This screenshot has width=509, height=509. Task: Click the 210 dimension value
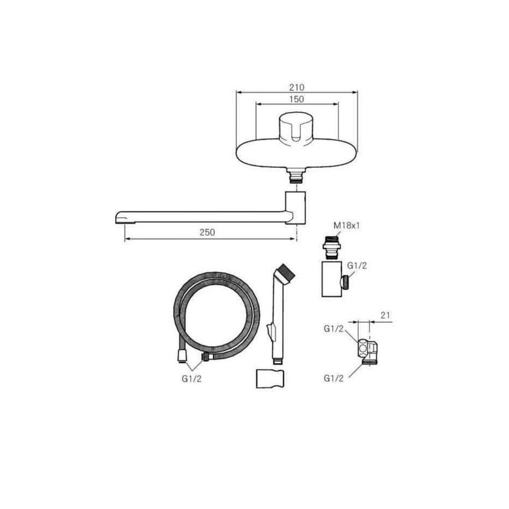pos(297,87)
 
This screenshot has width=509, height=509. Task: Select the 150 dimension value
pos(297,99)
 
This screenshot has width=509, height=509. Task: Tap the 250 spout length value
pos(207,232)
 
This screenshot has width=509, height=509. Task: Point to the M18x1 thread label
pos(347,225)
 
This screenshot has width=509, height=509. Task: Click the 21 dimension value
pos(385,315)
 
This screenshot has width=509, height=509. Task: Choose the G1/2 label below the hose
pos(191,378)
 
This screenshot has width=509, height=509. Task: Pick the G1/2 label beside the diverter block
pos(357,266)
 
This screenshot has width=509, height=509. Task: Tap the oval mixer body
pos(296,155)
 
